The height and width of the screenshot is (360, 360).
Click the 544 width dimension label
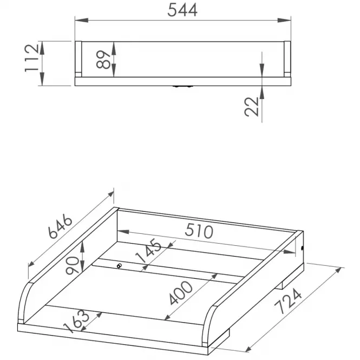182,10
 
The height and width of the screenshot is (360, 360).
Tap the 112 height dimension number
32,58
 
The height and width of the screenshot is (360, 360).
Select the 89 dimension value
103,60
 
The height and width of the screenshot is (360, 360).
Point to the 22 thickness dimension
252,107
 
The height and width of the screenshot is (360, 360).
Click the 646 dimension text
60,226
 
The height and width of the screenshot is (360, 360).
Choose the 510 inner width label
199,231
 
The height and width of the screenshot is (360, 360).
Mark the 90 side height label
72,265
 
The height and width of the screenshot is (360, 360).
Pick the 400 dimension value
181,293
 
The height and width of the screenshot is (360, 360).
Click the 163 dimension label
76,321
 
